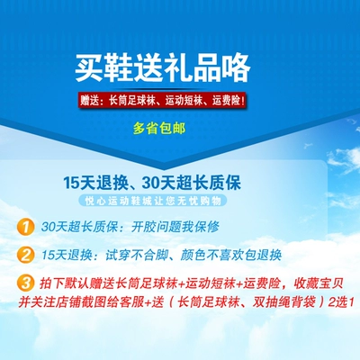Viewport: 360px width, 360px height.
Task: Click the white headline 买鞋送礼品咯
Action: point(163,68)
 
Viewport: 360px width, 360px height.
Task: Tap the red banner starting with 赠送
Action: point(163,100)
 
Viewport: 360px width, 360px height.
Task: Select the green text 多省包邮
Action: point(159,129)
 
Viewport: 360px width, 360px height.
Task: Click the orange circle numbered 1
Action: point(25,227)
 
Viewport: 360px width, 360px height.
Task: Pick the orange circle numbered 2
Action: point(25,255)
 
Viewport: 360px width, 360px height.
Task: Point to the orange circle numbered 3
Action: point(25,283)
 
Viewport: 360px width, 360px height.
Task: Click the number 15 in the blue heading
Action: point(71,183)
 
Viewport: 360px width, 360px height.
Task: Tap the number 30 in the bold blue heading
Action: point(150,183)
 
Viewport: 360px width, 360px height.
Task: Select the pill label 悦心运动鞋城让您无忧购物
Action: point(153,201)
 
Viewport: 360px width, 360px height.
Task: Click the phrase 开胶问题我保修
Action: point(175,227)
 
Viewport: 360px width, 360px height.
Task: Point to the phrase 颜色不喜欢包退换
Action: point(231,255)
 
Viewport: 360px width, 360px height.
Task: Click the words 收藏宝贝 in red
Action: point(318,283)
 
